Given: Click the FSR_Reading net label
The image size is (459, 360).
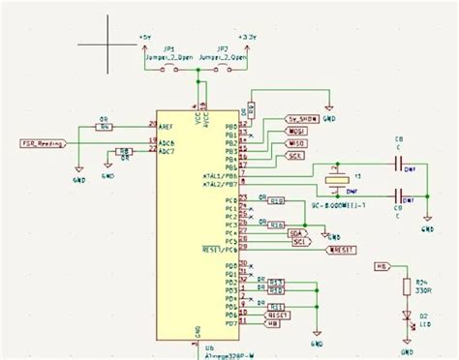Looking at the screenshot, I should (x=41, y=142).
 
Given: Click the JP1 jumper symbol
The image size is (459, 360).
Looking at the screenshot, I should (x=170, y=68).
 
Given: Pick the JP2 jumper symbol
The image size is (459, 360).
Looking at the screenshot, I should (x=223, y=68).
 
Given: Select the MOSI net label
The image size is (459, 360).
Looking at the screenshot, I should (x=297, y=131).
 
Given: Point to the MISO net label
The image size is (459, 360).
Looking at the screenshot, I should (x=297, y=143).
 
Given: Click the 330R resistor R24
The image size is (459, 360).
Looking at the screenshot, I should (x=407, y=285).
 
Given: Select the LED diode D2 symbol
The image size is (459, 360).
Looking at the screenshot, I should (x=407, y=315).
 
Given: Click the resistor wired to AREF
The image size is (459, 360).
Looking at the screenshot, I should (x=105, y=126).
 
